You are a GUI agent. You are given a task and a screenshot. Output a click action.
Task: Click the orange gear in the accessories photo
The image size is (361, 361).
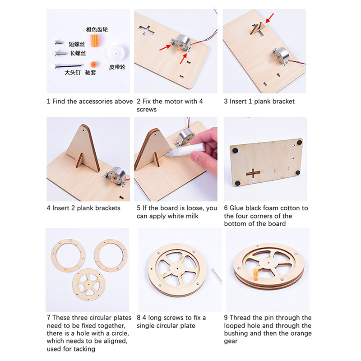[95, 41]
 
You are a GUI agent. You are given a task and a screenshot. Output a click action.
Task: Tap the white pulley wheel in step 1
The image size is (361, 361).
[116, 53]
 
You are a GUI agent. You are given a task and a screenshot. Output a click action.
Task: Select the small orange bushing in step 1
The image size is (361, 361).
[93, 64]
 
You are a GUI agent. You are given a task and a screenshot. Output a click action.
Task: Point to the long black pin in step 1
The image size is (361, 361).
[69, 66]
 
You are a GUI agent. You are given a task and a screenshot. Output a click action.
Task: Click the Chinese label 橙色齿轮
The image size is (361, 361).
[97, 29]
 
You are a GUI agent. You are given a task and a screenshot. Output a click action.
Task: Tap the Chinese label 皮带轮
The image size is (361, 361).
[117, 67]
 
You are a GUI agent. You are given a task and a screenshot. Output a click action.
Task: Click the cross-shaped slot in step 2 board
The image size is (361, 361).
[146, 30]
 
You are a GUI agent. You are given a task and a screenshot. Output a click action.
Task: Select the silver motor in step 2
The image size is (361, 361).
[182, 43]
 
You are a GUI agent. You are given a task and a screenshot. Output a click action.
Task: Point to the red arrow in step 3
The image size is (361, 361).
[269, 18]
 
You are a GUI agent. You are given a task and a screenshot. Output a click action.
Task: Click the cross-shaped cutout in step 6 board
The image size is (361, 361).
[253, 173]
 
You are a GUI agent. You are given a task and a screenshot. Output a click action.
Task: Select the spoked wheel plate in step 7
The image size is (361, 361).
[88, 284]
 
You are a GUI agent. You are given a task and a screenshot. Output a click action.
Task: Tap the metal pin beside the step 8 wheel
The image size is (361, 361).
[217, 275]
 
